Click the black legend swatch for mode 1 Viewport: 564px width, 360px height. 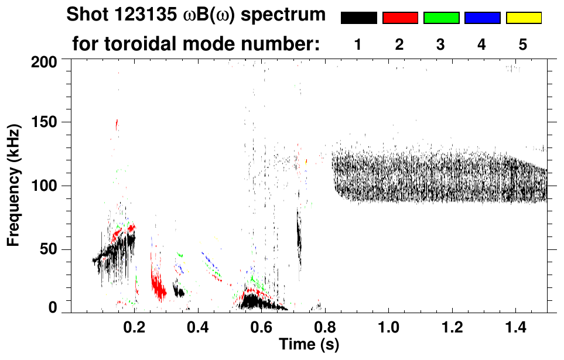point(358,18)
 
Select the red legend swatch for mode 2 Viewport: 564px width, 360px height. point(400,18)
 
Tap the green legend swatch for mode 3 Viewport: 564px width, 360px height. point(441,18)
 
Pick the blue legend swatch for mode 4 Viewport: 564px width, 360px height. point(482,18)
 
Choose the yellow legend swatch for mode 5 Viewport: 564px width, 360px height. point(524,18)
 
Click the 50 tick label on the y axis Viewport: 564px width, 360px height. point(48,250)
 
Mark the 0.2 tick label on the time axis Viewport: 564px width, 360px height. point(135,325)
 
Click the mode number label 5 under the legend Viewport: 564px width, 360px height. point(523,44)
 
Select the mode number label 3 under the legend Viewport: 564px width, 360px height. point(440,44)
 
